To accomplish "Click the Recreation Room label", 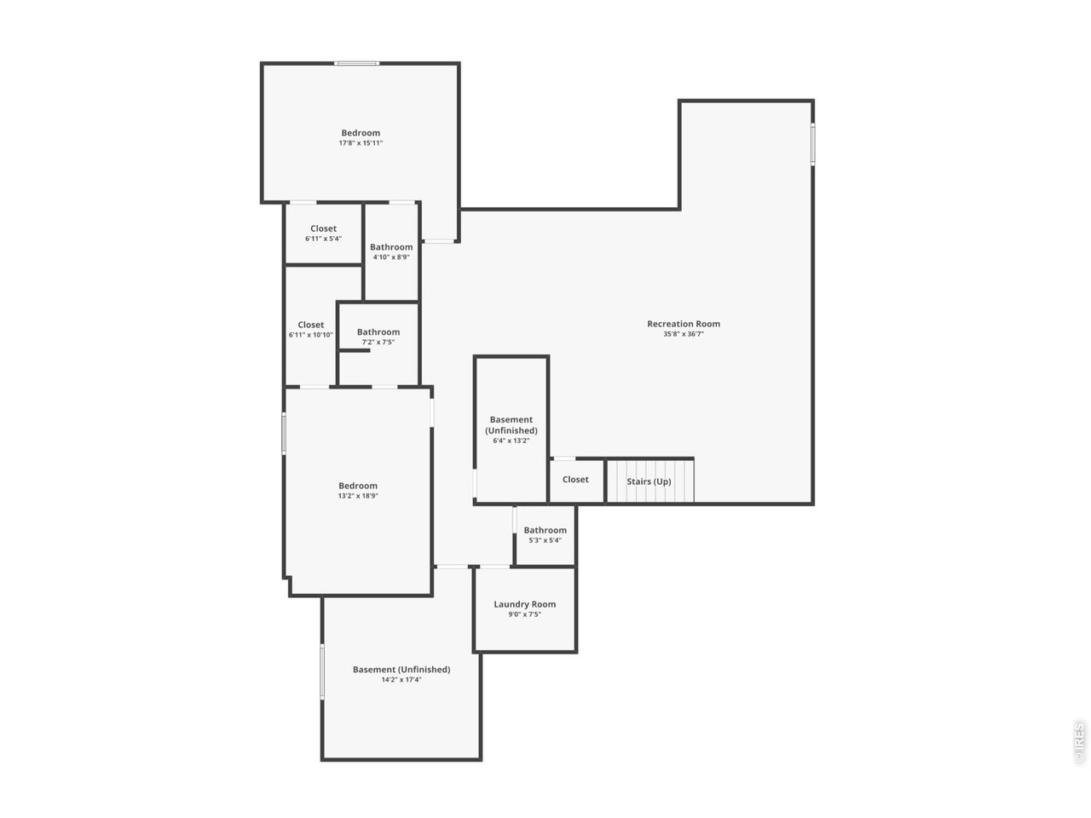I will click(x=683, y=324).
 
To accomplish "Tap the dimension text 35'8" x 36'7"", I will click(x=683, y=334).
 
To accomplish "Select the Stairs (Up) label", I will click(x=649, y=481).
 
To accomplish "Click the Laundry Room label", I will click(x=524, y=604).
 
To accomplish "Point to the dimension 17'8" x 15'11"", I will click(x=361, y=143).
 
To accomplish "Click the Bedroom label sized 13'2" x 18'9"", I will click(x=357, y=486).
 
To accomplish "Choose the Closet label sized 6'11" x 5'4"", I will click(x=323, y=228).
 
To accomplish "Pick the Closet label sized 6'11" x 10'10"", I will click(x=310, y=325).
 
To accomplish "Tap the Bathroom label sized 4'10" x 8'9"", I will click(x=391, y=247).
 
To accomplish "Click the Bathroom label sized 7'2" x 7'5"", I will click(x=378, y=332).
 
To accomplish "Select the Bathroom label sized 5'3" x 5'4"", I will click(x=545, y=530).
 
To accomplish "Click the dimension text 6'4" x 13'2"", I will click(x=511, y=441).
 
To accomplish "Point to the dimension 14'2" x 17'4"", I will click(x=401, y=680).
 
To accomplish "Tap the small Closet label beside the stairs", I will click(x=574, y=480).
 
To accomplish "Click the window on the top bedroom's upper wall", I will click(x=356, y=63).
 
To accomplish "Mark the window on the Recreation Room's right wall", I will click(x=812, y=144).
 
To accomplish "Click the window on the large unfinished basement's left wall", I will click(x=322, y=671).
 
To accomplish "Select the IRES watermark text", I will click(x=1079, y=741).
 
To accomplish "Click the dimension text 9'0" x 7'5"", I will click(x=524, y=614).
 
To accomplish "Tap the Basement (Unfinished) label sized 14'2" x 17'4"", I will click(x=401, y=670).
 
